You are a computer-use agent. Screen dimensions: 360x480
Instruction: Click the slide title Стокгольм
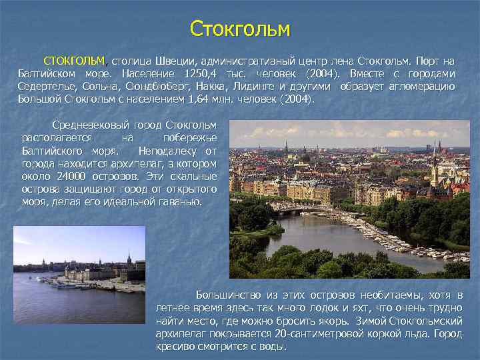pos(240,29)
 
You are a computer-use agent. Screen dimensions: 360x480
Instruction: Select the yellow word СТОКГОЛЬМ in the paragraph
pos(73,60)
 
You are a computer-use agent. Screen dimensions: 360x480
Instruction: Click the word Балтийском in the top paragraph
pos(46,73)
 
